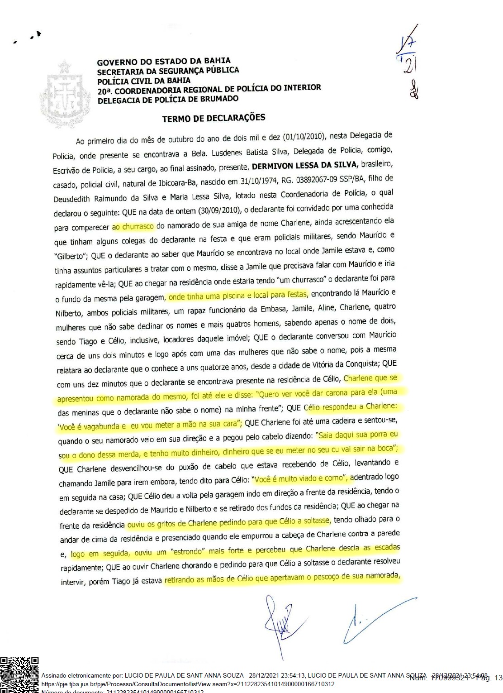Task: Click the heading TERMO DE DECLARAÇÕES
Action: point(214,118)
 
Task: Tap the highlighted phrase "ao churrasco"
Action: point(133,226)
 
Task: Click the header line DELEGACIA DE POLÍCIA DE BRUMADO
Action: point(167,100)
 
